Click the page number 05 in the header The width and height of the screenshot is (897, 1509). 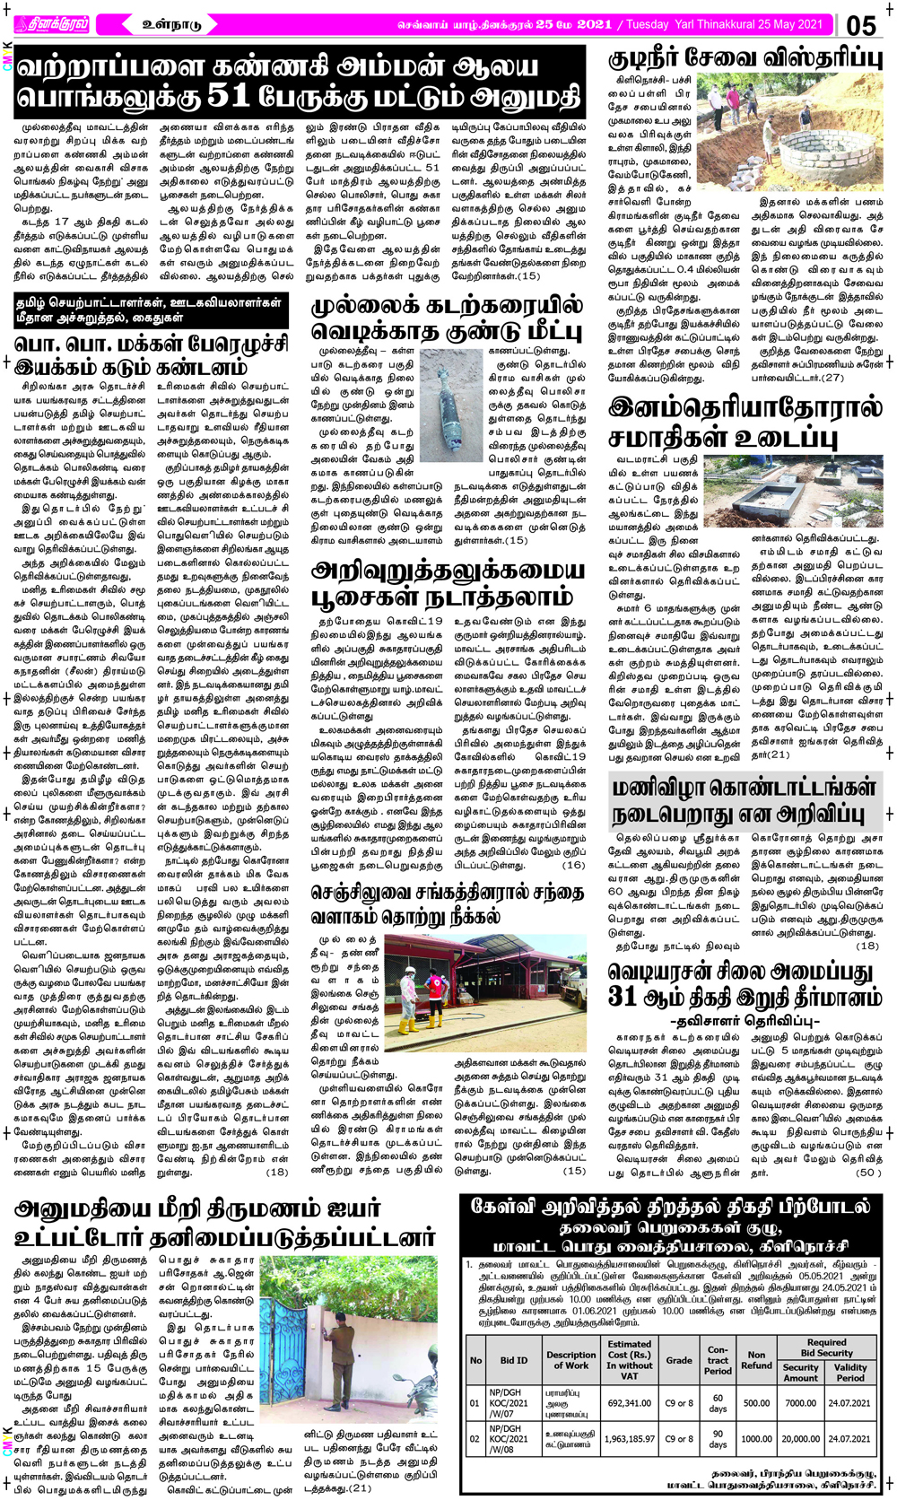click(860, 25)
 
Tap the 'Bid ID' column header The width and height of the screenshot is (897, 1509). click(514, 1360)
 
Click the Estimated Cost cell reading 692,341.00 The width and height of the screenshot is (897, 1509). click(629, 1402)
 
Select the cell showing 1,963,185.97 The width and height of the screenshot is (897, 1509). click(629, 1438)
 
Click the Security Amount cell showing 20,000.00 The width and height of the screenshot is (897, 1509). click(800, 1438)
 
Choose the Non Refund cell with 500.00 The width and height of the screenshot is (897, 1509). click(756, 1402)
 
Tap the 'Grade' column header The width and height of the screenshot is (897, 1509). click(679, 1360)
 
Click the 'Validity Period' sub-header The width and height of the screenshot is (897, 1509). click(849, 1373)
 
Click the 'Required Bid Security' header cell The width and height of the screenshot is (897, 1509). click(826, 1348)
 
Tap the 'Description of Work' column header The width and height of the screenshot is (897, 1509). click(570, 1360)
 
